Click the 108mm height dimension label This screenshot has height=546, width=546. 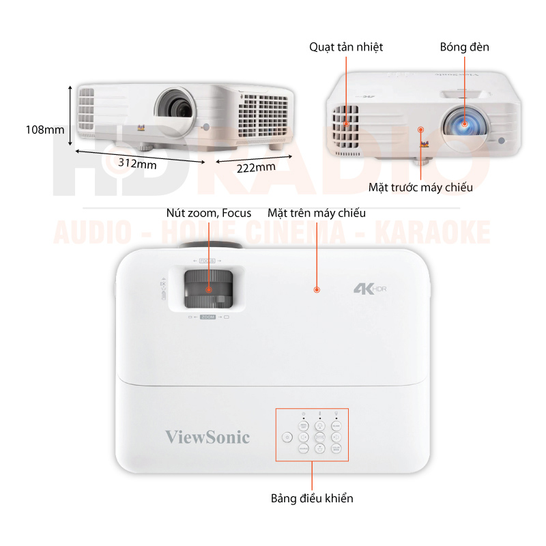tap(44, 129)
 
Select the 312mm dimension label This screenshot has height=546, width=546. tap(137, 163)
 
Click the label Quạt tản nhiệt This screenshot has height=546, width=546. tap(346, 47)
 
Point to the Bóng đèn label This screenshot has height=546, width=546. tap(464, 47)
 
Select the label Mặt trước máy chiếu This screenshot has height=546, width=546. tap(420, 187)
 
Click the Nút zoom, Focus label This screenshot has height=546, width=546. tap(209, 213)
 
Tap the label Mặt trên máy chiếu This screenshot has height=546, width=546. tap(317, 213)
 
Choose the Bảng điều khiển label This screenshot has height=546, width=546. tap(312, 498)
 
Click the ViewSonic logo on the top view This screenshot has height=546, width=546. tap(207, 437)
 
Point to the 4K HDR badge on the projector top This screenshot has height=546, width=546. tap(374, 288)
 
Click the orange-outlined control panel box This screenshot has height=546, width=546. tap(312, 435)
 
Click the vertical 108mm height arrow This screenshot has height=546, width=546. tap(70, 115)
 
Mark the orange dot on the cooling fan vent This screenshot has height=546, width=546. tap(347, 124)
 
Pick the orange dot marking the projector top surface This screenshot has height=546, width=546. tap(317, 290)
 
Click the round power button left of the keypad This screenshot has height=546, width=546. tap(287, 437)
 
